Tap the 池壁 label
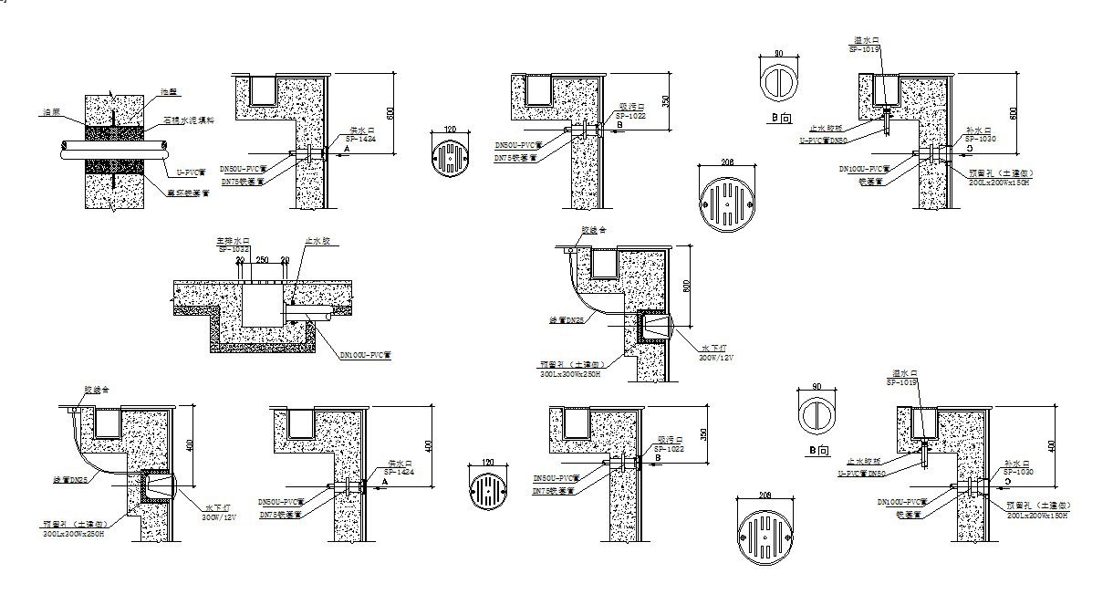coord(167,91)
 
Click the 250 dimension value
coord(262,261)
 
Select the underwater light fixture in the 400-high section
coord(161,490)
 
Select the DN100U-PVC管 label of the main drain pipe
coord(365,354)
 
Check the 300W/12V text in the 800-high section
coord(716,357)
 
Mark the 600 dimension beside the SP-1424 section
coord(390,114)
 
